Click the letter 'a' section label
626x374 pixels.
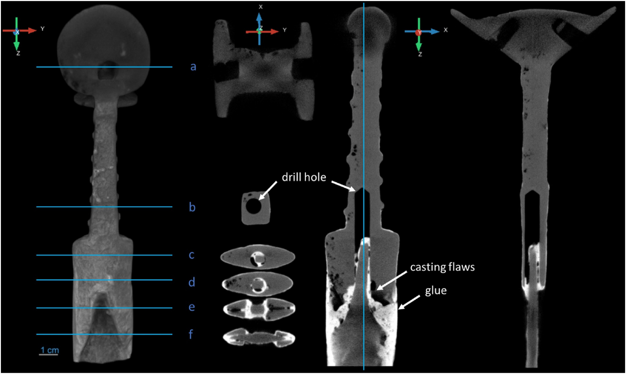[x=193, y=67]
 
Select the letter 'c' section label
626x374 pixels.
[x=192, y=255]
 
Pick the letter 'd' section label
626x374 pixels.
[x=192, y=282]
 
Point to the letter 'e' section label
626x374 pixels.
[x=192, y=307]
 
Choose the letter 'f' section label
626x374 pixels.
[x=191, y=334]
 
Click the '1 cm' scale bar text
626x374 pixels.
[x=50, y=350]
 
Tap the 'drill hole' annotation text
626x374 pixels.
[x=304, y=178]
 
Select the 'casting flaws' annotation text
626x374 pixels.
[x=442, y=267]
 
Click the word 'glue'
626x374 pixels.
[x=436, y=291]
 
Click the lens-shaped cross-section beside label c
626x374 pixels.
[x=258, y=257]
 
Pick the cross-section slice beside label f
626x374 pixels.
[x=259, y=338]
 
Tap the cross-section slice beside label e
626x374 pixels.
[x=259, y=309]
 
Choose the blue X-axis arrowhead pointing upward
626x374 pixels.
[x=260, y=17]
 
